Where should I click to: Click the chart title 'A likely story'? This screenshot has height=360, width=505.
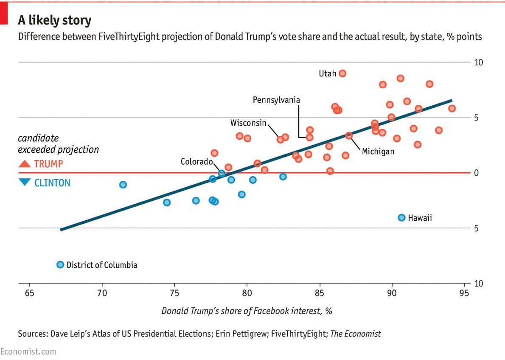pos(54,20)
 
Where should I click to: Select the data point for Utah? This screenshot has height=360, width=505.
pos(342,73)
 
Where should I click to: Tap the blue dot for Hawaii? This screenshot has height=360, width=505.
pos(401,218)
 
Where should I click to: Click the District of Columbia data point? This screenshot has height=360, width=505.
pos(60,265)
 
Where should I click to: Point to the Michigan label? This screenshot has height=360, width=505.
pos(378,151)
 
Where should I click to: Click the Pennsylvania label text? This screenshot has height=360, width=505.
pos(276,100)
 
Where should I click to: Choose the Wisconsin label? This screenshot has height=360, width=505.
pos(248,123)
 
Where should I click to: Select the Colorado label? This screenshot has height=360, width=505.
pos(196,162)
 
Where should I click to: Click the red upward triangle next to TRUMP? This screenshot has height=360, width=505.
pos(25,164)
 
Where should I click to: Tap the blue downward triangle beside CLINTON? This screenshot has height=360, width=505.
pos(25,183)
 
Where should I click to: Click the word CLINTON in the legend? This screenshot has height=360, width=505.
pos(52,183)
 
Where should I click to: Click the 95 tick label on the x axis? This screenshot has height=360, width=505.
pos(465,292)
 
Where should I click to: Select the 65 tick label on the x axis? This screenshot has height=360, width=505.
pos(29,292)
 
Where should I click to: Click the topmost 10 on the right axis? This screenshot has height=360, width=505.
pos(479,62)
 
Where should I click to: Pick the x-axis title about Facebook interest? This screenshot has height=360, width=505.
pos(247,311)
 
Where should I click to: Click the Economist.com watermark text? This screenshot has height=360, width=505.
pos(28,352)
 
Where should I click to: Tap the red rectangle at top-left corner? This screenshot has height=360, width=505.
pos(4,13)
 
